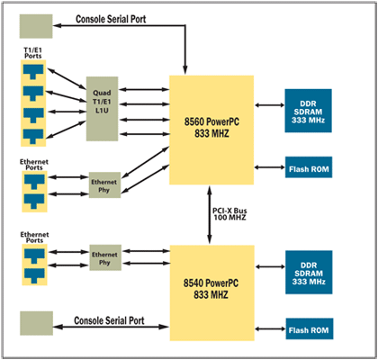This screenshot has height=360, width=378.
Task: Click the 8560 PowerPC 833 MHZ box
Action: point(211,130)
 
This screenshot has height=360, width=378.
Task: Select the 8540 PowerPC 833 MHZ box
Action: point(212,292)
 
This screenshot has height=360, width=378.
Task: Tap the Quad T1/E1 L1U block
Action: point(102,109)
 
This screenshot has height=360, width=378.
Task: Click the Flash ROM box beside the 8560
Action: point(309,167)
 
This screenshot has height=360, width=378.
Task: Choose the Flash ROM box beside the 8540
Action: point(310,328)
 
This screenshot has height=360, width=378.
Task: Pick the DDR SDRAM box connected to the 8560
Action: point(308,111)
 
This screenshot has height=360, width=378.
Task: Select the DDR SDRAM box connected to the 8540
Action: point(309,272)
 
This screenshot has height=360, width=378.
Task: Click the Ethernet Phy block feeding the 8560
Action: point(104,184)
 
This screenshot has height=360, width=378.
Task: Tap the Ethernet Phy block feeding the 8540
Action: point(105,257)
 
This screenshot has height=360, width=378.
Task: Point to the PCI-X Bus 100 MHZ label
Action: point(229,214)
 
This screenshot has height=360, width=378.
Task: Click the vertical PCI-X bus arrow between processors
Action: point(210,215)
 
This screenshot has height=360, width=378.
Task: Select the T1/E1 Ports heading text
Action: point(33,52)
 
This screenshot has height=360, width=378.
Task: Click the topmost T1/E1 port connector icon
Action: point(33,72)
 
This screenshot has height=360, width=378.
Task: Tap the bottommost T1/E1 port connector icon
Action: point(33,137)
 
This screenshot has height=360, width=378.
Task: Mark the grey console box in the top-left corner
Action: point(36,26)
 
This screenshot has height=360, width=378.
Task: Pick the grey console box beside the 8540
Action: point(36,323)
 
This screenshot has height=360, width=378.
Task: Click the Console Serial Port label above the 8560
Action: point(111,19)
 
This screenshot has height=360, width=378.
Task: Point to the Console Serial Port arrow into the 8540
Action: point(112,327)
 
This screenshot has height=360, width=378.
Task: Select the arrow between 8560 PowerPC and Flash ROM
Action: point(269,167)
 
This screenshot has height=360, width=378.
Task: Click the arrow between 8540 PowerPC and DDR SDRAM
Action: point(270,266)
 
